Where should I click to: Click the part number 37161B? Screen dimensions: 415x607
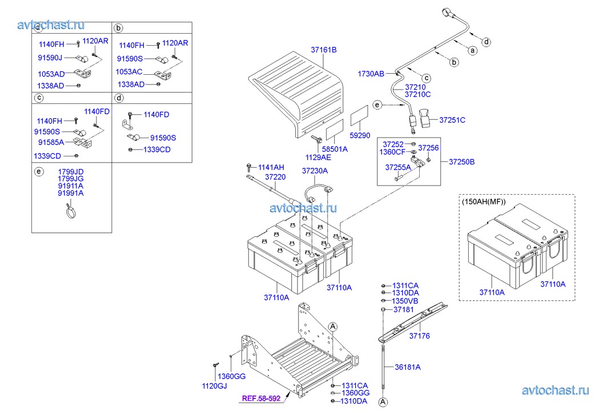(x=324, y=50)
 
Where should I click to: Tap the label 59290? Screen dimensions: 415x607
(x=360, y=136)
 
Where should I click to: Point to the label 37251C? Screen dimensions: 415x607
(x=452, y=120)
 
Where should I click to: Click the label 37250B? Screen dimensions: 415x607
(x=461, y=162)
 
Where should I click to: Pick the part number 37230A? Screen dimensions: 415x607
(x=315, y=170)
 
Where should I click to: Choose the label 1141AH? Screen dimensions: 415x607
(x=271, y=167)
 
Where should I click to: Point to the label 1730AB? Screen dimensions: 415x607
(x=371, y=74)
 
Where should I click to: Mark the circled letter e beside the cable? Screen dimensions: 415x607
(x=377, y=104)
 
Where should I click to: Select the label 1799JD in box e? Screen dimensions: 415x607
(x=70, y=171)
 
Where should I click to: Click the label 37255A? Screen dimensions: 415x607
(x=397, y=167)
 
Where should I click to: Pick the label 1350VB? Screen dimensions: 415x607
(x=405, y=301)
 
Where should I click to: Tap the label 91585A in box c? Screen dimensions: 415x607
(x=51, y=142)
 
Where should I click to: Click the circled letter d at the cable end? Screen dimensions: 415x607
(x=486, y=41)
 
